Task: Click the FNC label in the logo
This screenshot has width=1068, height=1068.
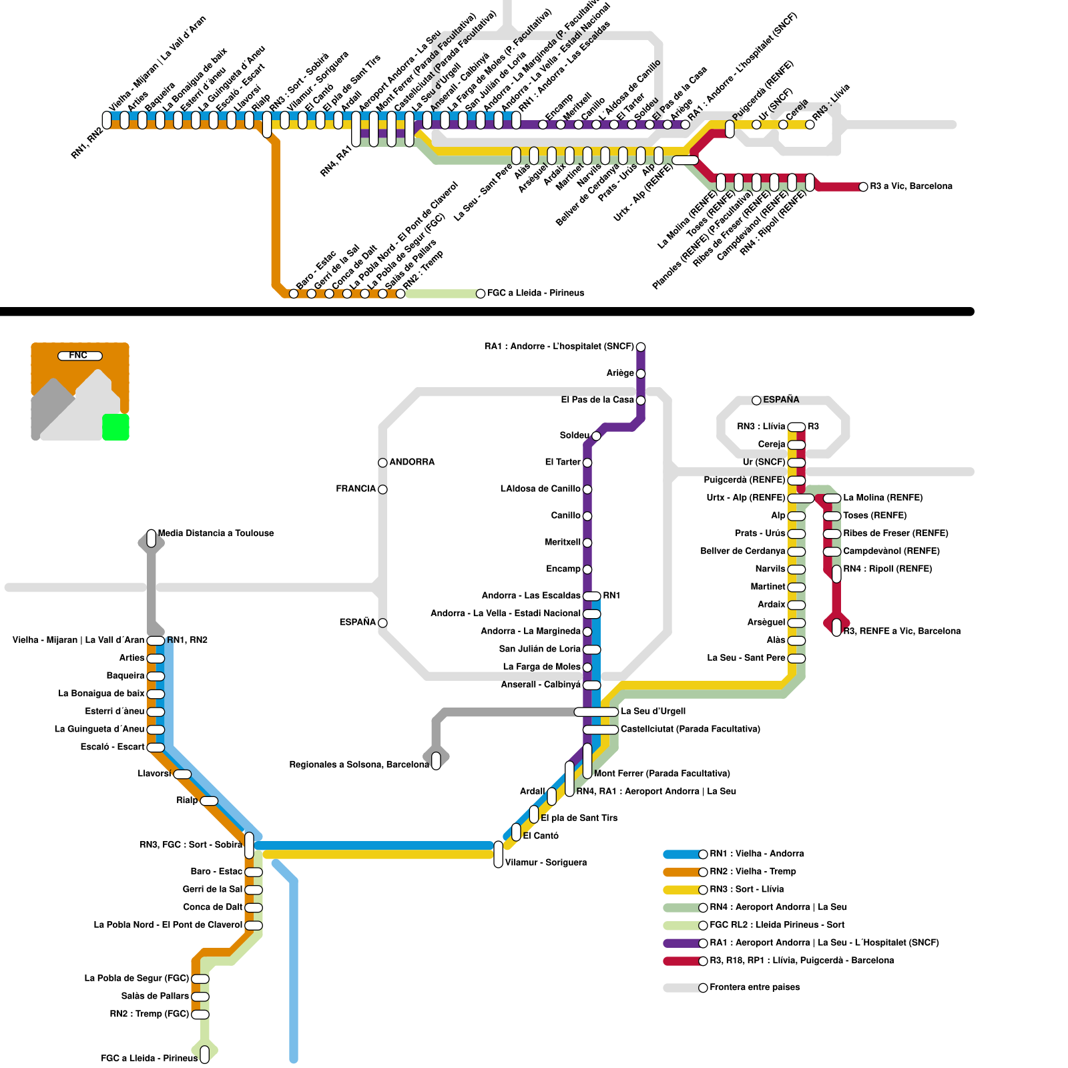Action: tap(79, 355)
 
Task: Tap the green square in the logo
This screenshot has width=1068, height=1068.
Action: tap(115, 427)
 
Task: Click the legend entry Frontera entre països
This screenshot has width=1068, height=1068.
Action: tap(754, 987)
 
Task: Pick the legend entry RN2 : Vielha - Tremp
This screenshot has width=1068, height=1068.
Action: tap(752, 872)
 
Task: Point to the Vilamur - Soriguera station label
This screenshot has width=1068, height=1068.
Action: tap(545, 862)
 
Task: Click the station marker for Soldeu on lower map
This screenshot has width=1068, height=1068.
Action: tap(596, 436)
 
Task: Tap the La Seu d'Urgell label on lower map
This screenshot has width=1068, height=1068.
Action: tap(653, 712)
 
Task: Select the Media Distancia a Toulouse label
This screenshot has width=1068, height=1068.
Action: tap(216, 533)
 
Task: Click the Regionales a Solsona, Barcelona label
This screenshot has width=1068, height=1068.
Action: tap(358, 764)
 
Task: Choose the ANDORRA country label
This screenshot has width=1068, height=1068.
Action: tap(412, 462)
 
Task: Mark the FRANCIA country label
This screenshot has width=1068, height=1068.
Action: tap(356, 489)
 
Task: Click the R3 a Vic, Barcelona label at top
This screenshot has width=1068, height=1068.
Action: tap(911, 186)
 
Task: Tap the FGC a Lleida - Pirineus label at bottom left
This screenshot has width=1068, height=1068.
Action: tap(149, 1058)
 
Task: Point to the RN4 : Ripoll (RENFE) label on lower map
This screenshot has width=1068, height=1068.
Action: tap(887, 569)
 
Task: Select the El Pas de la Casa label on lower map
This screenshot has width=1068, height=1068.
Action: tap(597, 400)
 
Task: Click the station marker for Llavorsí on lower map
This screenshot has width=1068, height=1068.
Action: tap(182, 774)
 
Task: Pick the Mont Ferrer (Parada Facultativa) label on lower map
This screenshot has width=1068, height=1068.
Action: tap(661, 774)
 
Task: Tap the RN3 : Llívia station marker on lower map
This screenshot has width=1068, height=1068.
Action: tap(796, 427)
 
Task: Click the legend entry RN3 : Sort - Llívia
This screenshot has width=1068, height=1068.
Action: tap(746, 889)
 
